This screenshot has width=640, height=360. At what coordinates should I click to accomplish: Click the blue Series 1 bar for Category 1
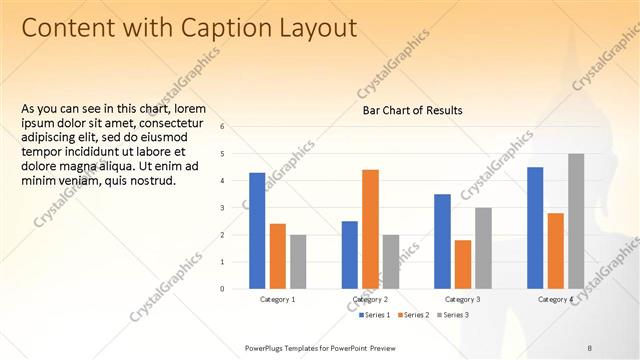click(x=257, y=231)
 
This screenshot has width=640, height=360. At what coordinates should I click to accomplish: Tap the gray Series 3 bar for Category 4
click(x=576, y=221)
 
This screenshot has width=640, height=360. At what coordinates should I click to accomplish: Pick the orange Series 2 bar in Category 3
click(x=463, y=264)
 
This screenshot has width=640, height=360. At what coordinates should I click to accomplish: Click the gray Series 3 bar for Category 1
click(x=298, y=262)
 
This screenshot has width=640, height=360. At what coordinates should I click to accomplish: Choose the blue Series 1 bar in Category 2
click(x=350, y=255)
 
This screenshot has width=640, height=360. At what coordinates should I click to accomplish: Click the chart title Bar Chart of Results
click(x=412, y=111)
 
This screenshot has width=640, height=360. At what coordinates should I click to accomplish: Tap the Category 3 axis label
click(x=462, y=300)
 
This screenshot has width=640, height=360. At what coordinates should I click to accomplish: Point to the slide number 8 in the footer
click(x=589, y=346)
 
